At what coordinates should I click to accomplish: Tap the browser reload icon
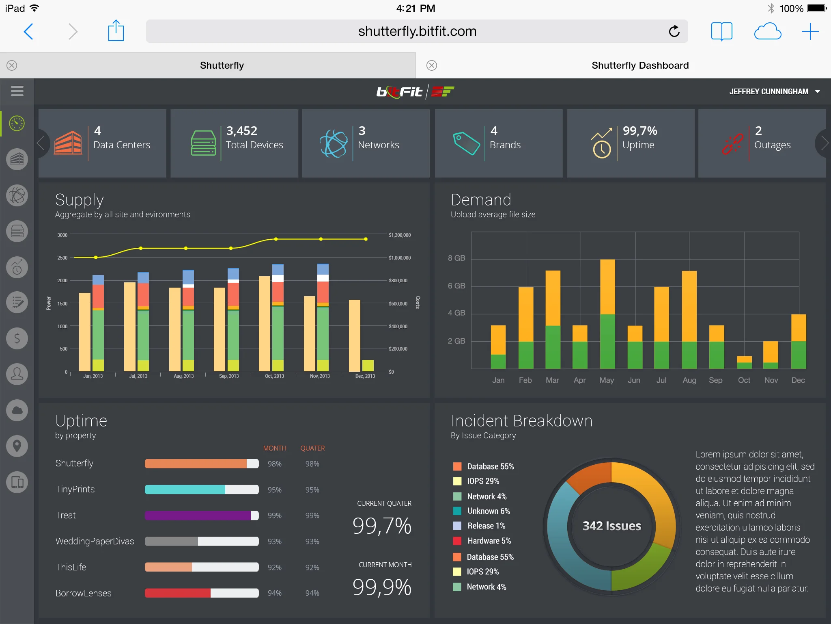(x=674, y=31)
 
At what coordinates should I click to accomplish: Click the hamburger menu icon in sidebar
(x=17, y=91)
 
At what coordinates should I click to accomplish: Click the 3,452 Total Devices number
(x=242, y=131)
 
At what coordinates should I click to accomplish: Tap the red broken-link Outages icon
(x=732, y=144)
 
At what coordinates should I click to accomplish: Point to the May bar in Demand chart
(x=607, y=314)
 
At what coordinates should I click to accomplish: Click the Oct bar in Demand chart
(x=744, y=362)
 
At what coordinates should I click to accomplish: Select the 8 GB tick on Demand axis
(x=456, y=258)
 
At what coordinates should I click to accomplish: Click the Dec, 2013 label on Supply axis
(x=365, y=376)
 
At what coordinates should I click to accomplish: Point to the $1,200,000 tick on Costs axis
(x=399, y=235)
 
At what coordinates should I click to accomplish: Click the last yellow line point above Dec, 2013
(x=366, y=239)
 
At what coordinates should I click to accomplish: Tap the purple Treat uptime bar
(x=198, y=516)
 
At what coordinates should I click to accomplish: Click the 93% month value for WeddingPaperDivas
(x=274, y=542)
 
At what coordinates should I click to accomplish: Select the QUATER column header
(x=312, y=448)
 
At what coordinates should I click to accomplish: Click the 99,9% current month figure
(x=382, y=587)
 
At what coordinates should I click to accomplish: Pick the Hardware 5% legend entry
(x=489, y=541)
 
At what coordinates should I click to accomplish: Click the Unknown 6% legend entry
(x=488, y=511)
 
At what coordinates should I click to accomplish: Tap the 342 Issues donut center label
(x=611, y=526)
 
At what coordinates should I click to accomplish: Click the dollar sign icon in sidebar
(x=17, y=338)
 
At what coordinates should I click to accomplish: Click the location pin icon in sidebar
(x=17, y=446)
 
